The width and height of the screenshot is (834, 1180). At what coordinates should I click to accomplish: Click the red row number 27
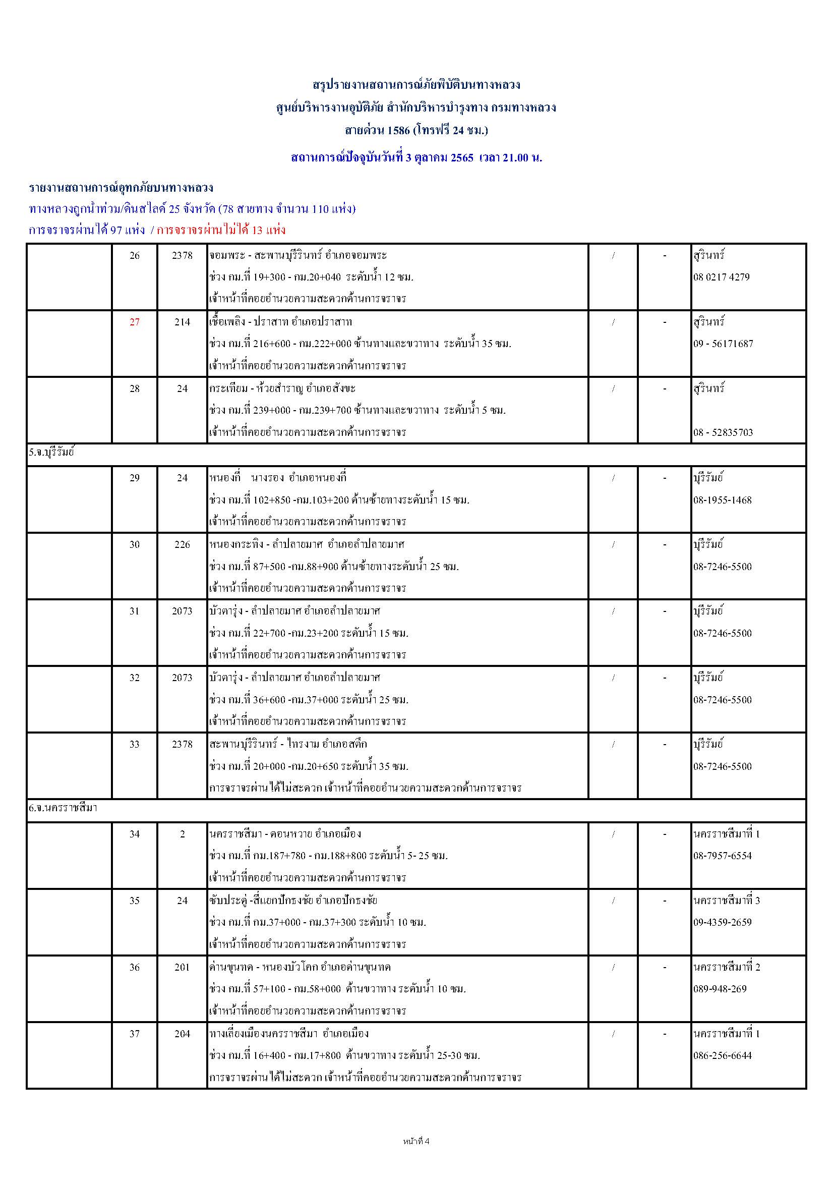click(x=134, y=322)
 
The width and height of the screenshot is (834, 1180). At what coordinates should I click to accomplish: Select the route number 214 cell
click(x=183, y=322)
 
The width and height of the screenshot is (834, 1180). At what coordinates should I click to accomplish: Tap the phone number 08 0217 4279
click(x=721, y=277)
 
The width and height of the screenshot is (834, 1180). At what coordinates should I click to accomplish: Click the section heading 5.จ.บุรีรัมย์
click(x=52, y=454)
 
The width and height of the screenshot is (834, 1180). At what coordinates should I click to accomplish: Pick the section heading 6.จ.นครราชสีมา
click(x=63, y=808)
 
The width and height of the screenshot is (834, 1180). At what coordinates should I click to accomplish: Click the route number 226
click(x=183, y=544)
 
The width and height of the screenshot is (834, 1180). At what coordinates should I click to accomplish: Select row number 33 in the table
click(x=134, y=744)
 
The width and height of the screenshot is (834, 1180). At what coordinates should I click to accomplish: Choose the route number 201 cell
click(x=183, y=967)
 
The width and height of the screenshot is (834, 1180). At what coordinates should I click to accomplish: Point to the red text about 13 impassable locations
click(x=221, y=230)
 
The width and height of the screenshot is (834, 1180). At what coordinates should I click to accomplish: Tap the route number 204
click(x=183, y=1034)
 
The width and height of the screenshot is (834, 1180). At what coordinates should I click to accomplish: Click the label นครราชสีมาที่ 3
click(x=726, y=901)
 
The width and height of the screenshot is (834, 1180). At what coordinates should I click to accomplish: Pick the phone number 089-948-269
click(x=720, y=989)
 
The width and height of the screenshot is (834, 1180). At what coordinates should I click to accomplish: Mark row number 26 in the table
click(x=134, y=255)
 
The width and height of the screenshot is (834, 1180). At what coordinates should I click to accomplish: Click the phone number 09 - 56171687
click(x=723, y=344)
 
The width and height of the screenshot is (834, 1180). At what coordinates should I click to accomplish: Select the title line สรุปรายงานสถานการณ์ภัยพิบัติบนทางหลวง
click(x=416, y=85)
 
